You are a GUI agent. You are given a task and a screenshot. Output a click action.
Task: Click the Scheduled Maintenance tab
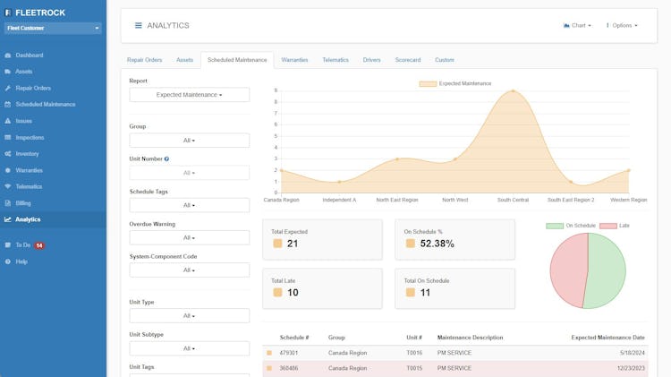(x=237, y=60)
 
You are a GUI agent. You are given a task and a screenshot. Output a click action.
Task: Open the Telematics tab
(x=335, y=60)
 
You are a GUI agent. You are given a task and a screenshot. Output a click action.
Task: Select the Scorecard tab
(x=408, y=60)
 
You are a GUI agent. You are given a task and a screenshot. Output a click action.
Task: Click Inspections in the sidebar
(x=30, y=137)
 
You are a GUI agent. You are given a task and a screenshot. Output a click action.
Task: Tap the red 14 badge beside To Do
(x=39, y=244)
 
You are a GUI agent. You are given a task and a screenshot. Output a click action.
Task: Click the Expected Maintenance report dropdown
(x=190, y=94)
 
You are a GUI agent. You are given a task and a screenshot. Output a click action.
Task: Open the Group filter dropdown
(x=190, y=141)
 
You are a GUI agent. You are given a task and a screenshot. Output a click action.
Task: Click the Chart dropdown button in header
(x=576, y=25)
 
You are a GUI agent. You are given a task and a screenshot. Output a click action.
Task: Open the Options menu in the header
(x=622, y=25)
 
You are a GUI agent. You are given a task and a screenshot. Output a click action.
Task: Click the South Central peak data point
(x=513, y=90)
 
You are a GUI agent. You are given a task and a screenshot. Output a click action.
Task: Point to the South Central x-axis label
(x=513, y=200)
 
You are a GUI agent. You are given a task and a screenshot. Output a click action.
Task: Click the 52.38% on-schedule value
(x=437, y=244)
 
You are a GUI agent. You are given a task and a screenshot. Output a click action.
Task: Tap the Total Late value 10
(x=293, y=293)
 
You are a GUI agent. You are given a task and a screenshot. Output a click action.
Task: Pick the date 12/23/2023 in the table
(x=629, y=368)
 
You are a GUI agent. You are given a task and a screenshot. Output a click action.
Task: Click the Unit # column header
(x=414, y=338)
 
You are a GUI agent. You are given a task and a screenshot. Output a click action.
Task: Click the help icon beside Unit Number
(x=166, y=159)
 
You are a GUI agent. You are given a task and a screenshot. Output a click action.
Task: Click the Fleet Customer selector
(x=53, y=28)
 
